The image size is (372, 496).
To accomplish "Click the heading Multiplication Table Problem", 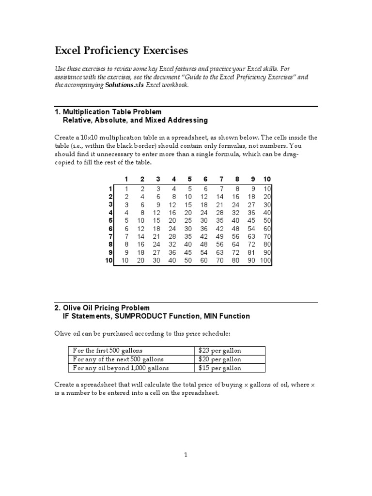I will coord(112,112).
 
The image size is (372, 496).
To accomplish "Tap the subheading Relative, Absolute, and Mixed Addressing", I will coord(135,120).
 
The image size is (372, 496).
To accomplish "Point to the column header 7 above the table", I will coord(221,179).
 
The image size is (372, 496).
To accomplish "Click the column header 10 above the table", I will coord(267,179).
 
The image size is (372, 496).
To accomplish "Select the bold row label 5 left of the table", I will coord(110,220).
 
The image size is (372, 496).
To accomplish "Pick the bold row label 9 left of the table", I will coord(110,252).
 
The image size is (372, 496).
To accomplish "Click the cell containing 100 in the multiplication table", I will coord(265,261).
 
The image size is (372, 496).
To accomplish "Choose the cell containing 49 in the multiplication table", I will coord(220,236).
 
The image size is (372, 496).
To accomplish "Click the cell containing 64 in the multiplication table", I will coord(236,245).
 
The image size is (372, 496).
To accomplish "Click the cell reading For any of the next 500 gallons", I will coord(118,359).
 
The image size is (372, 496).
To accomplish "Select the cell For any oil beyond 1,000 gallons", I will coord(121,368).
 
